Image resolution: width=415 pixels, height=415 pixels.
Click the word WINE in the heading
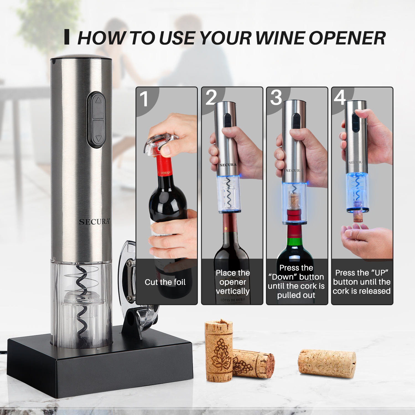click(x=279, y=38)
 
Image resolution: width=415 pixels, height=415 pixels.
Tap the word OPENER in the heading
click(x=347, y=38)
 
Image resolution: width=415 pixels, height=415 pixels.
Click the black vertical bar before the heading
click(x=67, y=37)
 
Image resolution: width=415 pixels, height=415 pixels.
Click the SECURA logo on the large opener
click(x=94, y=222)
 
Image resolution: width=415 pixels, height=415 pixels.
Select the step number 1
click(x=144, y=99)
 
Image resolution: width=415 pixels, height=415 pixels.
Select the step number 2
click(x=211, y=97)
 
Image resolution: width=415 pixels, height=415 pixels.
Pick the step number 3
click(x=276, y=97)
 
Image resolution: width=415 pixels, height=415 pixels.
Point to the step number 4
click(x=340, y=97)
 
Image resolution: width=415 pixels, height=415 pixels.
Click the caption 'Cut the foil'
click(x=165, y=282)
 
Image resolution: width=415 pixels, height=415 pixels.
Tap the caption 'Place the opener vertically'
click(x=233, y=282)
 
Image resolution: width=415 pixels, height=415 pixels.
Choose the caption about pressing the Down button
click(x=296, y=281)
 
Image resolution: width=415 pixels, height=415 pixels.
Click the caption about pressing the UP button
click(x=362, y=282)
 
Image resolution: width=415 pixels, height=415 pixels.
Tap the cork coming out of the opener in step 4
click(x=358, y=216)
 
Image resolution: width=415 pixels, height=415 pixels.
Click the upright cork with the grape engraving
click(x=219, y=351)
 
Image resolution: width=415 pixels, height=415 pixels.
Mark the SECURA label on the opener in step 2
click(x=228, y=165)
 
